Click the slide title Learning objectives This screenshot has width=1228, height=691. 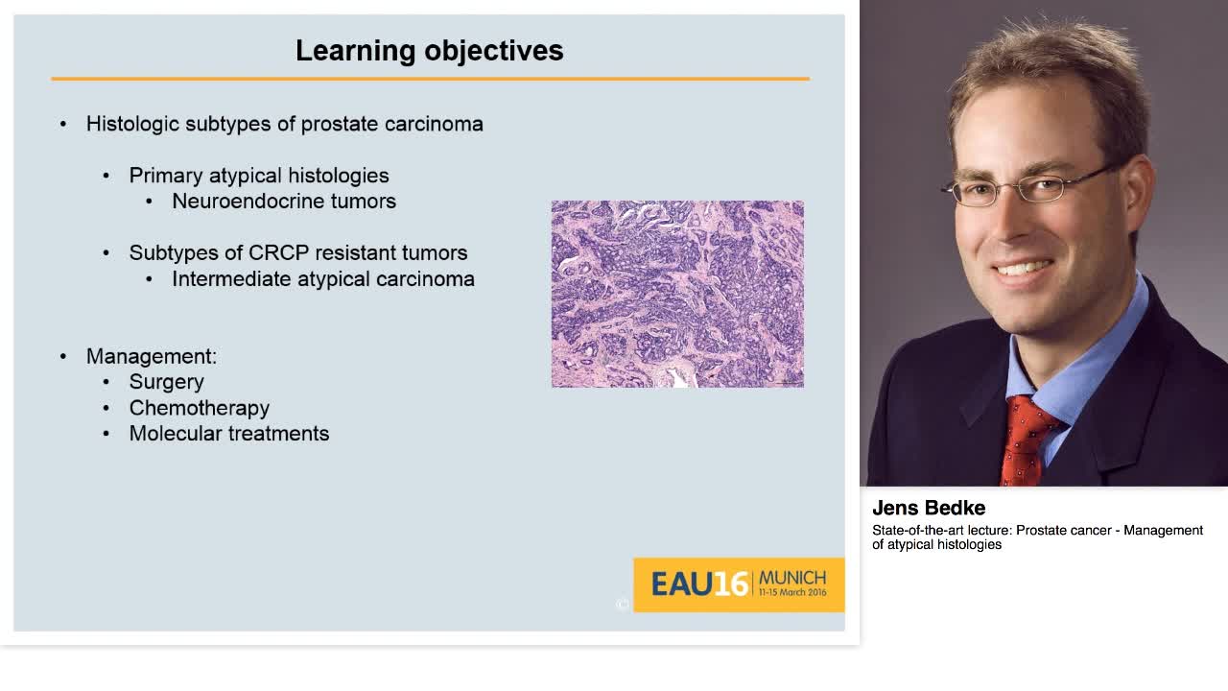coord(429,51)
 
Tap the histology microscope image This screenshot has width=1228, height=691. coord(677,294)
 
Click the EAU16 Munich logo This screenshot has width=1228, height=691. coord(738,584)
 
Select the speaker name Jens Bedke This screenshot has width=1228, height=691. coord(928,509)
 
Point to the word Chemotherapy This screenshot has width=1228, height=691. coord(199,408)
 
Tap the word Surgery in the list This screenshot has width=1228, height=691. coord(166,382)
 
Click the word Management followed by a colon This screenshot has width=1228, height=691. coord(151,356)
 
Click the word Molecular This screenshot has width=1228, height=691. coord(176,434)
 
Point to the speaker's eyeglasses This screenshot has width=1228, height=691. coord(1027,186)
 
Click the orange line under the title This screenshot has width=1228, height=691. coord(430,79)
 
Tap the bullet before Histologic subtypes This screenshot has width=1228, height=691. coord(63,124)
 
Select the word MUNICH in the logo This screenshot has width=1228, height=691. coord(791,578)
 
